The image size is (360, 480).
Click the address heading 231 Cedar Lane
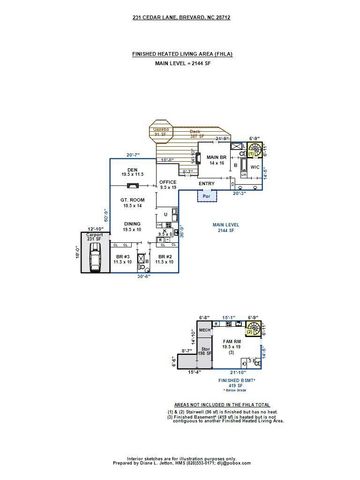tap(179, 18)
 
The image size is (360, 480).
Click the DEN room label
tap(132, 171)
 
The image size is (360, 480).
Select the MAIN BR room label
tap(218, 159)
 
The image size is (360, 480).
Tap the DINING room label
tap(132, 228)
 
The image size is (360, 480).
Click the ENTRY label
tap(207, 183)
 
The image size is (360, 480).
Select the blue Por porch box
tap(206, 198)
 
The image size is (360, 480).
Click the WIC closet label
tap(254, 166)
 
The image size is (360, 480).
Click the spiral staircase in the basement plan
tap(253, 329)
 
